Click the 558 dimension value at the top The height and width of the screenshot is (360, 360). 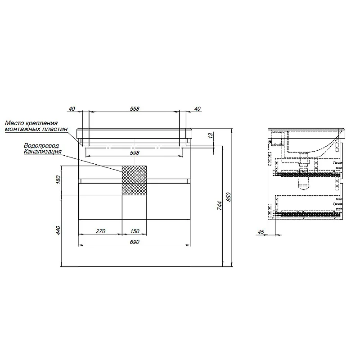point(135,108)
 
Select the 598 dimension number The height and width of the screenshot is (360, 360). point(135,153)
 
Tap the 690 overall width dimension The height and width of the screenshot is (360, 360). point(135,242)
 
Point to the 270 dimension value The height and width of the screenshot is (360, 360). point(100,231)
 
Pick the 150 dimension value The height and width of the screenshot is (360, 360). point(135,231)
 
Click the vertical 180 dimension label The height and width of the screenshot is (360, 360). point(58,179)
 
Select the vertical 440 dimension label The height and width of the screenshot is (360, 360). point(58,230)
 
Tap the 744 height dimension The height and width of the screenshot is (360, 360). point(220,206)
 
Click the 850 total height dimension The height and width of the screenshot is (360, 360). point(229,197)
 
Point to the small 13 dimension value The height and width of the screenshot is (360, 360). point(211,136)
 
